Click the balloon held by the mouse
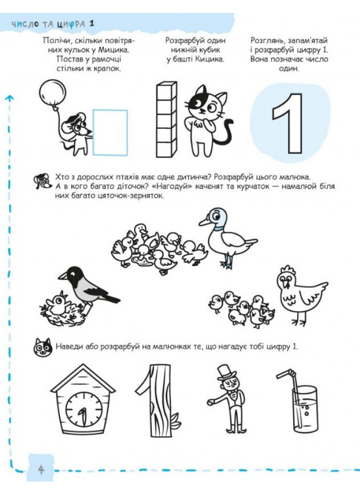[52, 92]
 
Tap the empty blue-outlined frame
[110, 110]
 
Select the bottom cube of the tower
[166, 149]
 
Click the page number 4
[41, 470]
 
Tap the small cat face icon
[43, 347]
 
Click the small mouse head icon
[42, 181]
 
